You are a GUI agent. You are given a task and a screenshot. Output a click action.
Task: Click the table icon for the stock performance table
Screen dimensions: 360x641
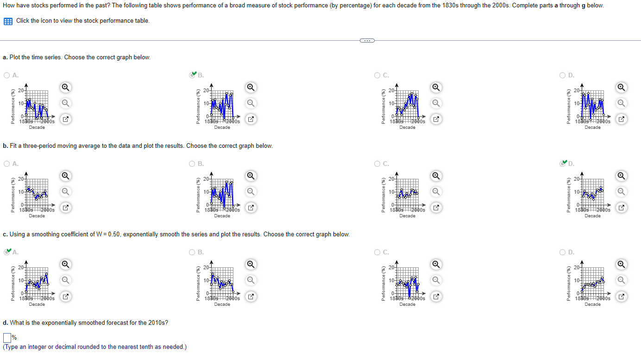pos(8,21)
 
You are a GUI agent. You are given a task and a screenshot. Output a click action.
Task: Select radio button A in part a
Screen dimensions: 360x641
pos(7,75)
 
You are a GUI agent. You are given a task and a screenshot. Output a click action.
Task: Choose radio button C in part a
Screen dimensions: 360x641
pos(377,75)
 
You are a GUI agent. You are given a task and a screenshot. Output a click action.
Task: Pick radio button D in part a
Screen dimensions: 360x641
pos(563,75)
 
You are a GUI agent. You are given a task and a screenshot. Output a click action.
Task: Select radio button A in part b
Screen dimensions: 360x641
pos(7,164)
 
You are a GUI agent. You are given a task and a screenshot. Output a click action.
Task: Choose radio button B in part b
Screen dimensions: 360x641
pos(192,164)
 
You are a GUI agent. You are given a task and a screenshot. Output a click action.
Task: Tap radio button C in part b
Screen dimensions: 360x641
pos(377,164)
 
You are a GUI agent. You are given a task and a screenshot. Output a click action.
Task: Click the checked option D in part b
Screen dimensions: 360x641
pos(563,163)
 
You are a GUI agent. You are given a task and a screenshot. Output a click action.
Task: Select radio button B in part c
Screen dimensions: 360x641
pos(192,253)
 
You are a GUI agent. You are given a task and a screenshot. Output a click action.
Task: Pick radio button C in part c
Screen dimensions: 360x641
pos(377,253)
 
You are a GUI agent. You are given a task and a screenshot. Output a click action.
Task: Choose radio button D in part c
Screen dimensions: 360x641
pos(563,253)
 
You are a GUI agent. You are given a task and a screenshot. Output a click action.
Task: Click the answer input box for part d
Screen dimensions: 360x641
pos(7,337)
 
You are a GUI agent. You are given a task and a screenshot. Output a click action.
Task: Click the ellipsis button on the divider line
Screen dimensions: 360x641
pos(366,40)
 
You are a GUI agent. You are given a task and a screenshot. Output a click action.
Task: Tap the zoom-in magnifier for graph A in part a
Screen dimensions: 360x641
pos(66,87)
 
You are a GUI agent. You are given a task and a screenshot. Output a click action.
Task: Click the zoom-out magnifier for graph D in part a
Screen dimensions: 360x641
pos(622,103)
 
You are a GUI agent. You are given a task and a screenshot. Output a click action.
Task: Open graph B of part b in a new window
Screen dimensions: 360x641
pos(251,208)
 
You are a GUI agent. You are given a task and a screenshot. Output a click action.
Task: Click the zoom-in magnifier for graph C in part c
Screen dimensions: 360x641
pos(436,265)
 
